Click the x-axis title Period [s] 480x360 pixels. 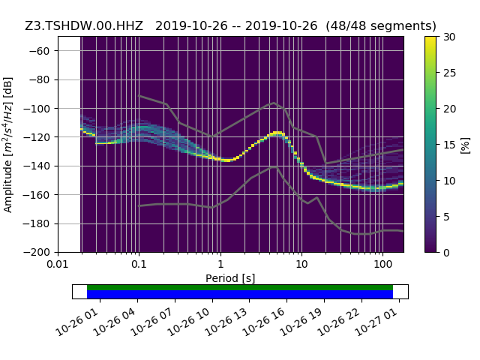click(230, 278)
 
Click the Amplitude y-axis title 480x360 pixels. click(9, 144)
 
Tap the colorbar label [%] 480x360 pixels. click(465, 144)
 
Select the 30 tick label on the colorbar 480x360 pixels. click(449, 37)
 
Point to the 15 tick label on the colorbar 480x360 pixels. click(449, 144)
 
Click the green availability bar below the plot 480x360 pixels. click(240, 287)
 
